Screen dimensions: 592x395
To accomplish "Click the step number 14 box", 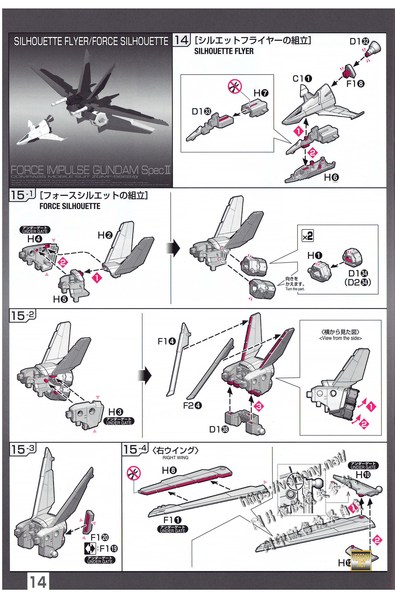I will click(x=181, y=40).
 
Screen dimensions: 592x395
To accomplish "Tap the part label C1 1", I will click(x=302, y=79).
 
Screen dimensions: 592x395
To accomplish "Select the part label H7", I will click(x=261, y=93).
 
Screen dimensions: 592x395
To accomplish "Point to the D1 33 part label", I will click(x=201, y=111).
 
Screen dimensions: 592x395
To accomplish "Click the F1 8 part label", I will click(x=355, y=84).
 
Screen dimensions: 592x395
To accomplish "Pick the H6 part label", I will click(x=331, y=177).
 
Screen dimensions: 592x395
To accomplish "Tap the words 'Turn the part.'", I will click(x=295, y=289).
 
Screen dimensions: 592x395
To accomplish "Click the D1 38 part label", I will click(x=219, y=429).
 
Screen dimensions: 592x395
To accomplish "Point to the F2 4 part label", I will click(x=193, y=406).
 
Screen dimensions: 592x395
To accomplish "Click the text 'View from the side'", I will click(x=340, y=338).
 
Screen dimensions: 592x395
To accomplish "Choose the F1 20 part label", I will click(x=99, y=537).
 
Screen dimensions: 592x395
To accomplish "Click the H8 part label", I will click(x=169, y=470).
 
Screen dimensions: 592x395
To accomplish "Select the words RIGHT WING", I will click(x=175, y=458).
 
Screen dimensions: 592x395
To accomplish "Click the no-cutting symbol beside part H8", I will click(x=134, y=473).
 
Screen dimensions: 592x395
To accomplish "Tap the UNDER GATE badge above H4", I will click(x=35, y=230).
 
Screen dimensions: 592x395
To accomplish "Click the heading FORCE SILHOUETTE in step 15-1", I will click(x=70, y=206).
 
